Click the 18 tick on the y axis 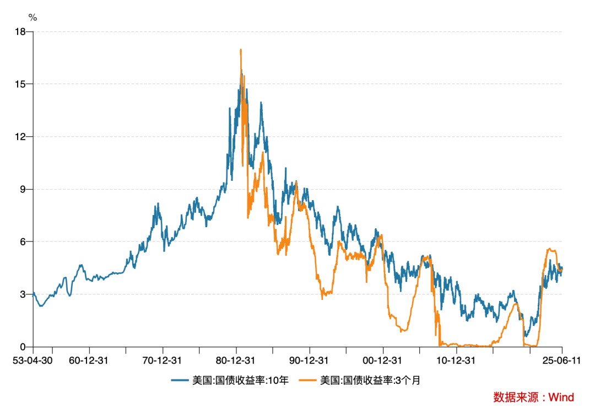(21, 32)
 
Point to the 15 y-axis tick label (21, 84)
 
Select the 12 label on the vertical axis (21, 137)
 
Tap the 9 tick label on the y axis (23, 189)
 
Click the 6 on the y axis (23, 242)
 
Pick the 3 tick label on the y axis (23, 294)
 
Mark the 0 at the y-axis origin (23, 347)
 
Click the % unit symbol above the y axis (33, 18)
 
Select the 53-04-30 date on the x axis (33, 361)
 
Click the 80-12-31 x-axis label (236, 361)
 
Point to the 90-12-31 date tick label (310, 361)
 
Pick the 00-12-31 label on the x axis (383, 361)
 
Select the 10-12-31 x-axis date (456, 361)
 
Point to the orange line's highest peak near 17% (241, 50)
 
